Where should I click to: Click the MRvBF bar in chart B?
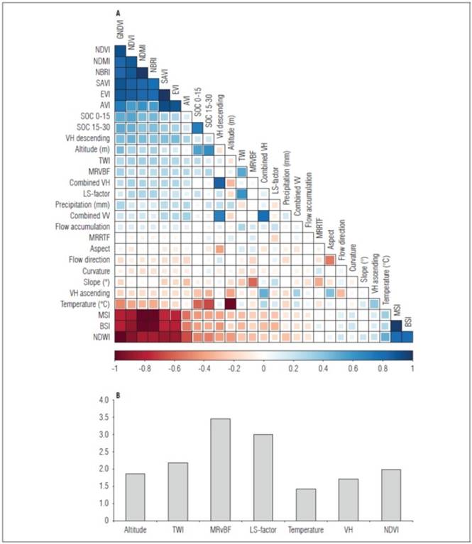(221, 470)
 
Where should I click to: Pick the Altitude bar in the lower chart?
(135, 497)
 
